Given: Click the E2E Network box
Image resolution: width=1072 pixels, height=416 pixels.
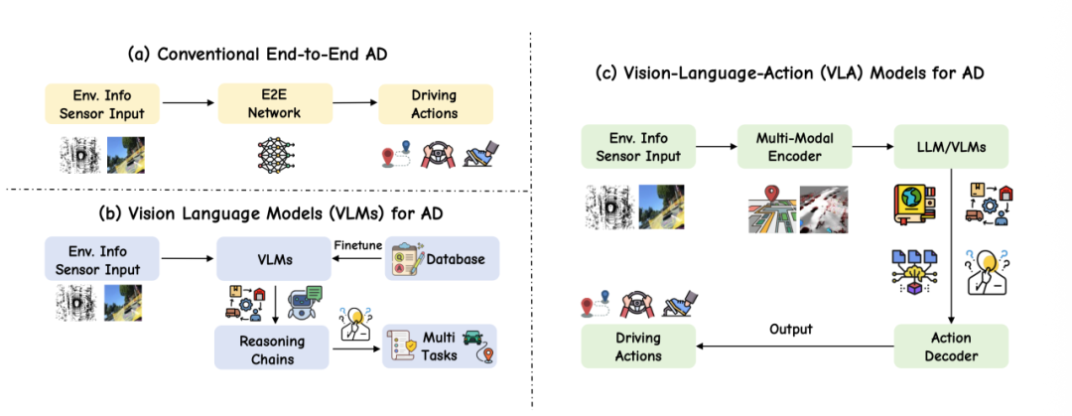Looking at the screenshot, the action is [x=275, y=104].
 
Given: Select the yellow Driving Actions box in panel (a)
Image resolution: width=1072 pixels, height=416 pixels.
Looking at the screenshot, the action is [x=436, y=104].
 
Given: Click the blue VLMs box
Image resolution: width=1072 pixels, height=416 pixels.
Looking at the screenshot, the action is [x=274, y=258].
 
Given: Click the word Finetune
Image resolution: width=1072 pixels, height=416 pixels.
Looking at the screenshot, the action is [x=357, y=244].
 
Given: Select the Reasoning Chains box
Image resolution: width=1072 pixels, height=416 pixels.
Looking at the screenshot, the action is [x=272, y=347].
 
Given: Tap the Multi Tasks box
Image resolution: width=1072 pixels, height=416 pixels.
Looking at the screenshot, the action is [x=440, y=347].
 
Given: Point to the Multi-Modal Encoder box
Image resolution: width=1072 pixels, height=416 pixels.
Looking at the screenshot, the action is [x=794, y=146].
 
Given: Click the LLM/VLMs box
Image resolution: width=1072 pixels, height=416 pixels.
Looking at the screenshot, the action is [x=951, y=146].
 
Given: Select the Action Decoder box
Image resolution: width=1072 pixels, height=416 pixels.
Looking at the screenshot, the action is [x=951, y=346].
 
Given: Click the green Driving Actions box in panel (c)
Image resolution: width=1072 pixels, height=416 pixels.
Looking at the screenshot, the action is [x=638, y=346].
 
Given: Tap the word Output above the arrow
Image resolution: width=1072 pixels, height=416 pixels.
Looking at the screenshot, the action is [x=790, y=329].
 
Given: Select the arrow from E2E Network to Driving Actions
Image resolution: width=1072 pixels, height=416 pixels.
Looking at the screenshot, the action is [x=355, y=104].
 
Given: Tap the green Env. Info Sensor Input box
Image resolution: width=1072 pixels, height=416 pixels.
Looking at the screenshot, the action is [x=638, y=146].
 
